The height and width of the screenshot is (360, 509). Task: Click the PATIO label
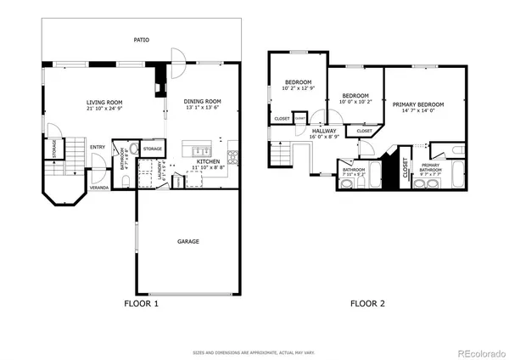pyautogui.click(x=142, y=39)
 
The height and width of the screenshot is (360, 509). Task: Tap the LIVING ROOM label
pyautogui.click(x=104, y=103)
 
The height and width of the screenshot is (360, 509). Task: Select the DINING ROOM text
pyautogui.click(x=202, y=102)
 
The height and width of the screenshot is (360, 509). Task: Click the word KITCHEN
pyautogui.click(x=210, y=161)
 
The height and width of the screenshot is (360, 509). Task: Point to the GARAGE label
pyautogui.click(x=188, y=241)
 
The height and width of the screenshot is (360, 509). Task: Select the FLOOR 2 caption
pyautogui.click(x=368, y=303)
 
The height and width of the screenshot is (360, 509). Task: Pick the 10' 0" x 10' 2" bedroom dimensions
pyautogui.click(x=355, y=101)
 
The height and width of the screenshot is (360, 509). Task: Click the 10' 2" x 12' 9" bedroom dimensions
pyautogui.click(x=299, y=87)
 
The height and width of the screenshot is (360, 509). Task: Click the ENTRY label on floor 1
pyautogui.click(x=98, y=146)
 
